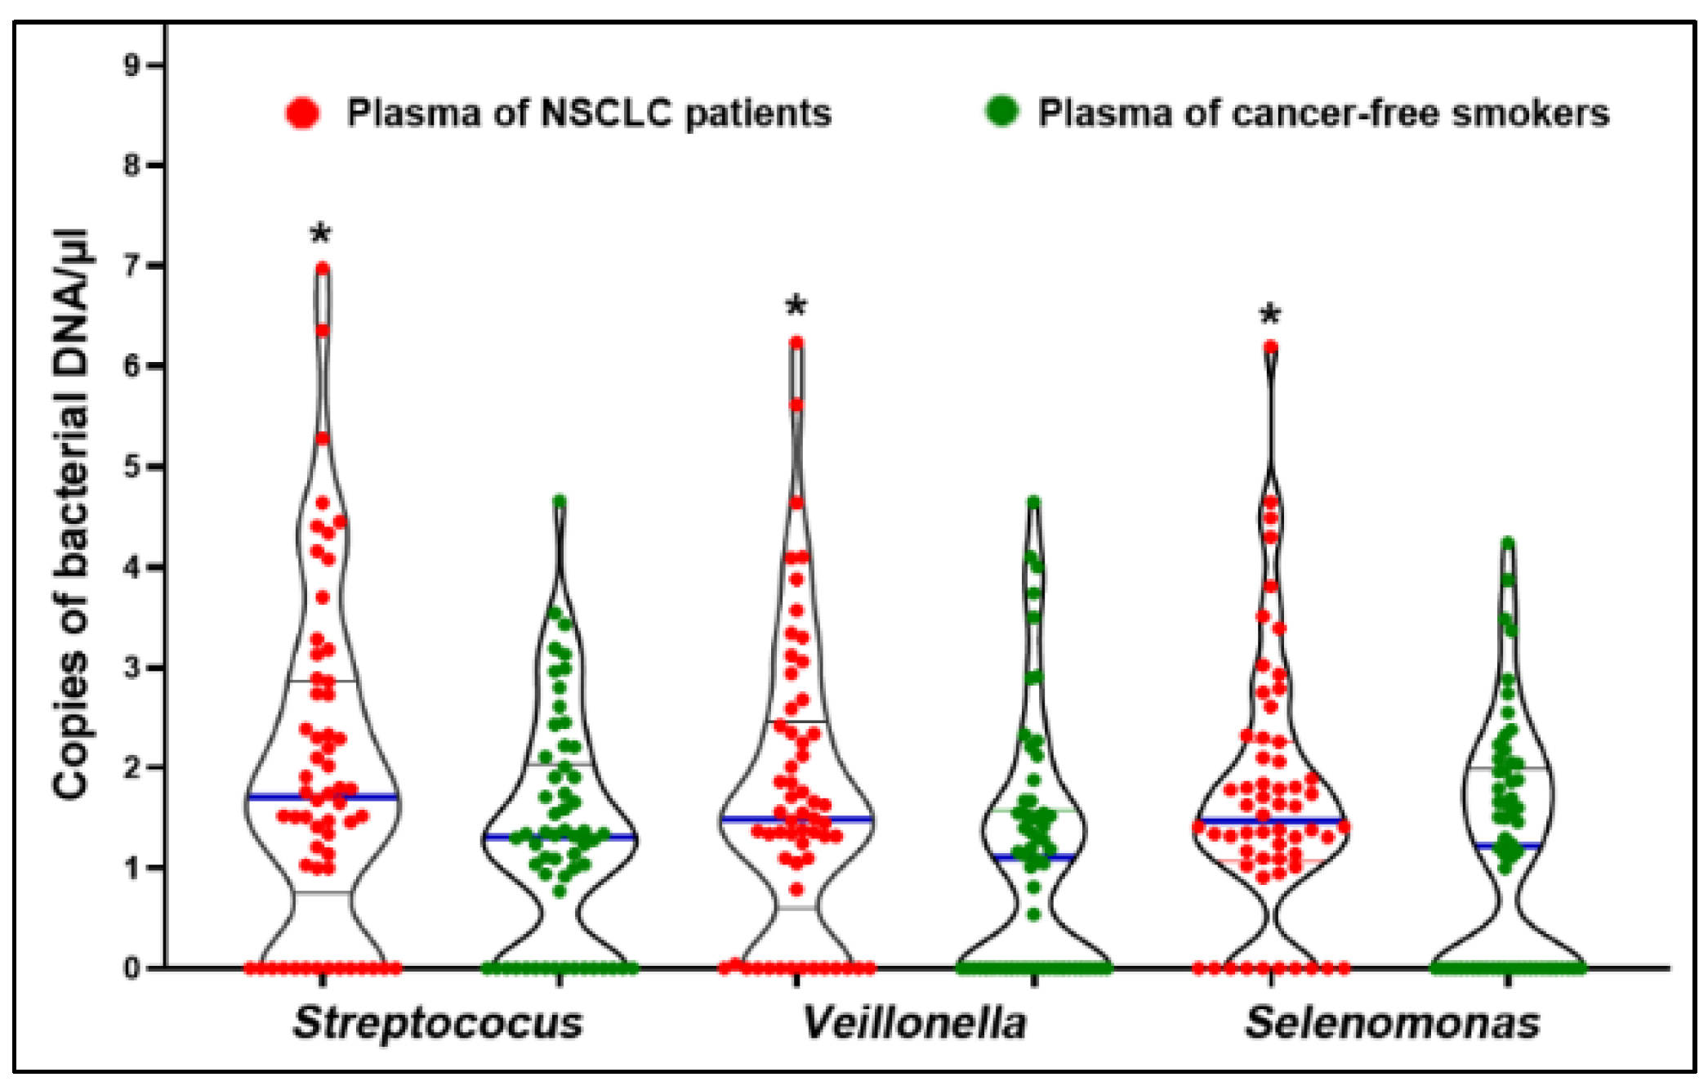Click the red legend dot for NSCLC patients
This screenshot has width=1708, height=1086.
(x=302, y=113)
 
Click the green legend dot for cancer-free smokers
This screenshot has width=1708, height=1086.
(x=1001, y=111)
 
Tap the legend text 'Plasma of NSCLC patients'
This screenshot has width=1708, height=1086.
(x=589, y=113)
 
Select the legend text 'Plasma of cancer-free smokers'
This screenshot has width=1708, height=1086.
(x=1323, y=113)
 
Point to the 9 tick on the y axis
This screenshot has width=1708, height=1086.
(x=132, y=65)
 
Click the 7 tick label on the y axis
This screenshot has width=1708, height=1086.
(x=132, y=266)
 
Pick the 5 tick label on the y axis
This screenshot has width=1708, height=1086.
(x=132, y=467)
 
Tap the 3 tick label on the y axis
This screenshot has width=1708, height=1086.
(x=132, y=668)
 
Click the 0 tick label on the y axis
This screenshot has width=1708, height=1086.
(x=132, y=968)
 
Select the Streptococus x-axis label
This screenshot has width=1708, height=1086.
(x=439, y=1023)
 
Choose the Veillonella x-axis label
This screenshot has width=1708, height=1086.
(x=914, y=1023)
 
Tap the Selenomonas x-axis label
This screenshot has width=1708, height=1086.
(x=1392, y=1023)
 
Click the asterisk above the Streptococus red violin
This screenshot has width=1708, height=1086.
(x=321, y=235)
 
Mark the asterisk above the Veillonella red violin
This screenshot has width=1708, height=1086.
(x=796, y=307)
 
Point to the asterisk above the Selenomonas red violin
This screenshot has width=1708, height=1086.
(x=1270, y=315)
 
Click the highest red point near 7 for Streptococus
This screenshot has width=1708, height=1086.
(x=323, y=268)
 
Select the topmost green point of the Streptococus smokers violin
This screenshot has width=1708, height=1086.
(x=560, y=501)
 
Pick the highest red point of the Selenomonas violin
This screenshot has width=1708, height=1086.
(x=1271, y=346)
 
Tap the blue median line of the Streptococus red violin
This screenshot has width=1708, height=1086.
(x=323, y=797)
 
